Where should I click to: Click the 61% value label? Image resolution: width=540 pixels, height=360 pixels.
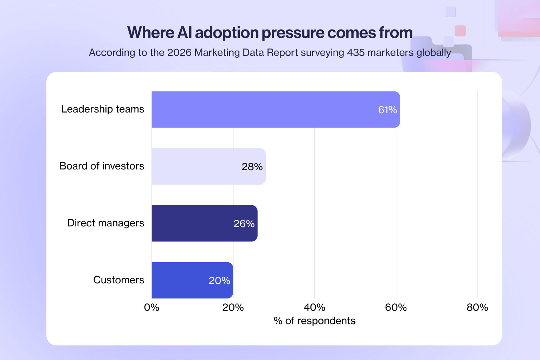click(x=387, y=110)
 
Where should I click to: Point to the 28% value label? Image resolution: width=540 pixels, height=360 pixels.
click(x=252, y=167)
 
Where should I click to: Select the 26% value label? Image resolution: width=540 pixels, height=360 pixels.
click(x=244, y=224)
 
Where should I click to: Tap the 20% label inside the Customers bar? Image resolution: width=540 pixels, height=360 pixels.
click(x=219, y=281)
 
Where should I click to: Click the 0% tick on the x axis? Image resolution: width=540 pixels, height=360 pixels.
click(x=152, y=308)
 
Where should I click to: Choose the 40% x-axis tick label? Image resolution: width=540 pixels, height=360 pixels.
click(x=314, y=308)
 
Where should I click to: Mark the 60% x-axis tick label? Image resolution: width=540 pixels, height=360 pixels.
click(x=396, y=308)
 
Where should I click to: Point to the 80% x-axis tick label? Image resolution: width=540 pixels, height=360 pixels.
click(x=477, y=308)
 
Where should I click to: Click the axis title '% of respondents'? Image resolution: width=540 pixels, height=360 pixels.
click(x=314, y=321)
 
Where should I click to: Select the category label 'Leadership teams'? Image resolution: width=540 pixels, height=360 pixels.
click(x=103, y=109)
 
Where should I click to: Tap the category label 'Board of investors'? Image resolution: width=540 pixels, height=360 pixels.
click(x=102, y=166)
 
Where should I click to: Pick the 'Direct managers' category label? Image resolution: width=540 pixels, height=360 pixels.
click(x=106, y=223)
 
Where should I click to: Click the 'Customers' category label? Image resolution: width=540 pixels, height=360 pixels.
click(x=119, y=280)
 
